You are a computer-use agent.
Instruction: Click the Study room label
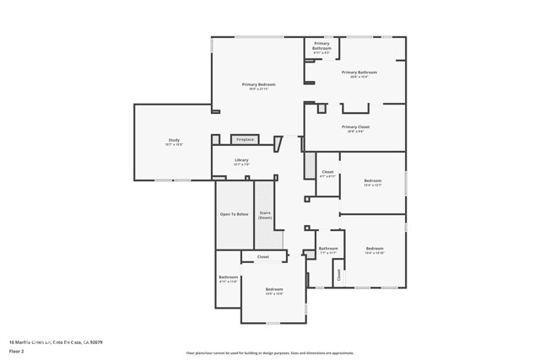pos(173,140)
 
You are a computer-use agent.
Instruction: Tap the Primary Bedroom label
pos(259,84)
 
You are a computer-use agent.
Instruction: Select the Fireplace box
pos(245,139)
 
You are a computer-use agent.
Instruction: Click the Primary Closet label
pos(355,127)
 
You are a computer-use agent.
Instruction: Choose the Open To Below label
pos(234,214)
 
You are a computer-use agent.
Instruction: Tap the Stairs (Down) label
pos(265,215)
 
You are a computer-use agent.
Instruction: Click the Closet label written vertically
pos(339,274)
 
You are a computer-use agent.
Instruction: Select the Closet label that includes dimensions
pos(328,172)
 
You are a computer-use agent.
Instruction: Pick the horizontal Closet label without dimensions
pos(263,256)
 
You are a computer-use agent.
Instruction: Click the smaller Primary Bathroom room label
pos(321,46)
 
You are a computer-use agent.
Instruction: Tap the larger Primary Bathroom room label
pos(359,73)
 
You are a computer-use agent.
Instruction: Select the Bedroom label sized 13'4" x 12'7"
pos(373,180)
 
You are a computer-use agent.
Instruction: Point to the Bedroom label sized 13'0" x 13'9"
pos(274,289)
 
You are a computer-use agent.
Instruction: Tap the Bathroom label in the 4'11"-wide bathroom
pos(229,277)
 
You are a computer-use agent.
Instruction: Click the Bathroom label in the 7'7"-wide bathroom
pos(328,249)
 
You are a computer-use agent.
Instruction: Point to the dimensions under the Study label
pos(173,145)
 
